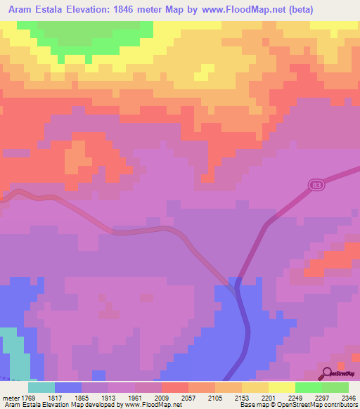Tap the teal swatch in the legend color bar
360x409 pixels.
click(41, 387)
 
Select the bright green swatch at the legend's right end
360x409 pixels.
click(335, 387)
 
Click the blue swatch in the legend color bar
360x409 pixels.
click(68, 387)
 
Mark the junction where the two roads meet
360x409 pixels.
click(235, 284)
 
